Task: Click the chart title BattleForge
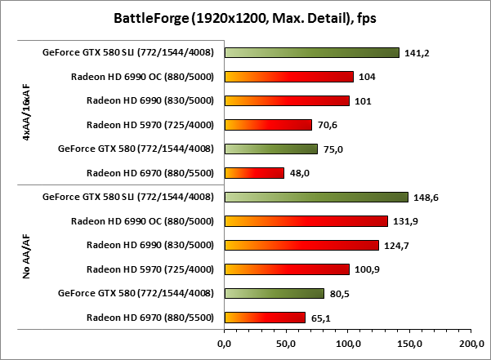click(x=245, y=18)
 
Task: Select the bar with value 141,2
click(x=311, y=53)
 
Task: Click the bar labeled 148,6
click(x=315, y=197)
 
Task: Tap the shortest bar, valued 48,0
click(x=254, y=173)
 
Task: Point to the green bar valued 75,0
click(x=270, y=149)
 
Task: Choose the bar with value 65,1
click(x=265, y=317)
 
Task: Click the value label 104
click(x=368, y=77)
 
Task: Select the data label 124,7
click(x=396, y=245)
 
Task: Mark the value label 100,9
click(x=367, y=269)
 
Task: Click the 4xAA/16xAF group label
click(x=27, y=113)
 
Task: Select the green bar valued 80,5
click(x=274, y=293)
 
